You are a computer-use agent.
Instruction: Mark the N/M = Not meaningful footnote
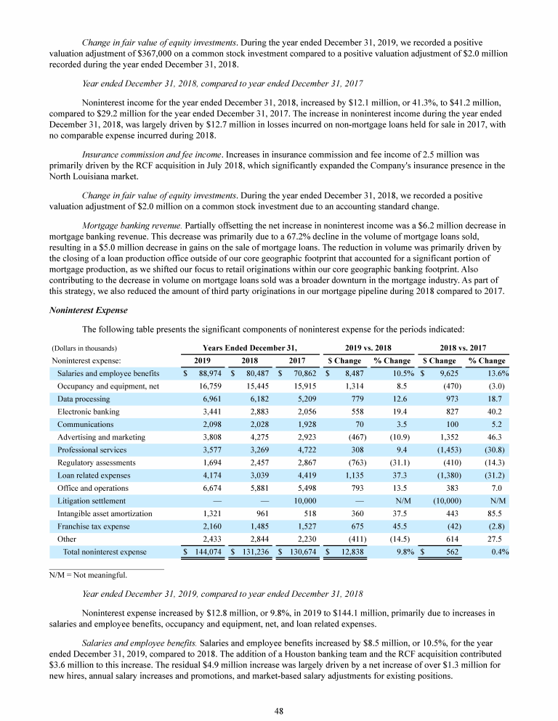87,575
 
